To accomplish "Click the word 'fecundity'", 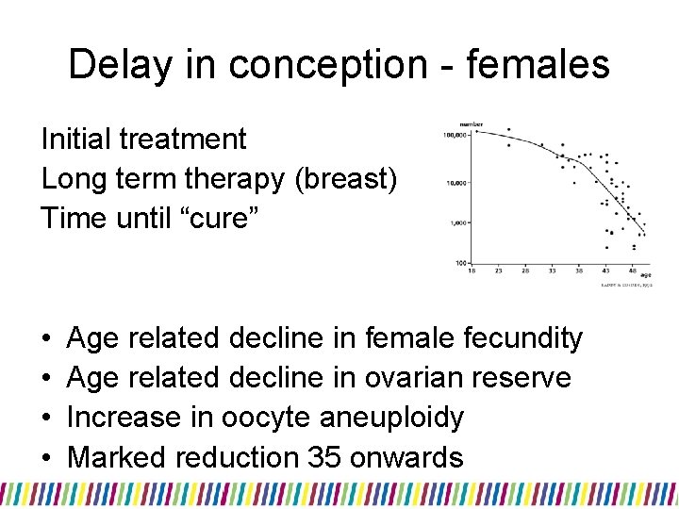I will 524,337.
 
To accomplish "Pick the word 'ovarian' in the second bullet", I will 423,377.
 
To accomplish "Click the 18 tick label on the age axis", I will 472,271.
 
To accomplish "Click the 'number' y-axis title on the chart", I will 472,123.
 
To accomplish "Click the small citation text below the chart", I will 627,284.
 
